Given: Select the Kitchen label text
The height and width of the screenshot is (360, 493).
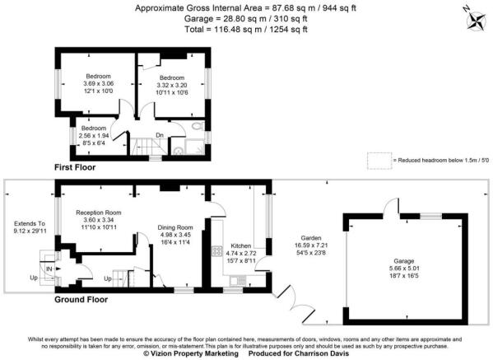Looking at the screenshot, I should pos(240,245).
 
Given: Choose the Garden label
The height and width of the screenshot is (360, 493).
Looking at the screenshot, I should pos(317,238).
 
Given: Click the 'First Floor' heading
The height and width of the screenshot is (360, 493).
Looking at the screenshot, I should pos(75,167).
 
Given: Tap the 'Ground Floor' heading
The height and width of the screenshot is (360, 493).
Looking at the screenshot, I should pos(80,300).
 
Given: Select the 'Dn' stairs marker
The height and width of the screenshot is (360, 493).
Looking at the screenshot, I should pos(159,135).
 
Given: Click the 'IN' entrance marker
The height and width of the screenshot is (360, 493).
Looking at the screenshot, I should pos(49,269).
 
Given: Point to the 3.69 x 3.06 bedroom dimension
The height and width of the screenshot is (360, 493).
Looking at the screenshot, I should pos(95,83).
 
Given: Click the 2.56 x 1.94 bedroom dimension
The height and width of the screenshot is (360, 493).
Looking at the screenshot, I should pos(94,136).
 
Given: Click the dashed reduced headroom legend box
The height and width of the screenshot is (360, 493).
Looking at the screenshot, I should pos(378,160).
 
